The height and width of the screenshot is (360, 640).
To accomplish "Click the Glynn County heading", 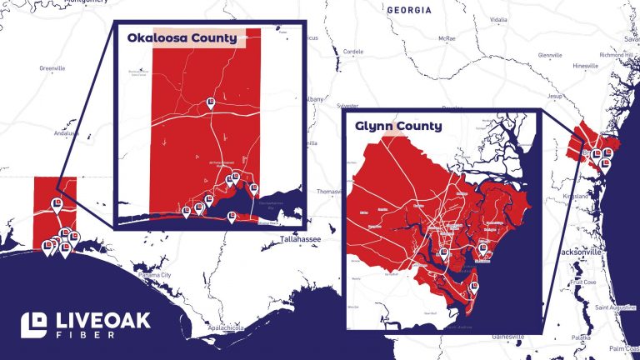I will (x=398, y=127).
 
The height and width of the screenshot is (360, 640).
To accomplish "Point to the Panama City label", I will (x=154, y=275).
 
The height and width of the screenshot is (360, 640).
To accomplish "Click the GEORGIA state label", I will (x=409, y=10).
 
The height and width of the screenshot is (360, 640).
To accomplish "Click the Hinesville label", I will (x=586, y=65).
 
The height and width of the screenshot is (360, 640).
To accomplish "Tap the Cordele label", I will (x=353, y=51).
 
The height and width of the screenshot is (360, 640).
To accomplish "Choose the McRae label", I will (x=447, y=39).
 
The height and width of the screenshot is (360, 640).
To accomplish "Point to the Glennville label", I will (x=550, y=55).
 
